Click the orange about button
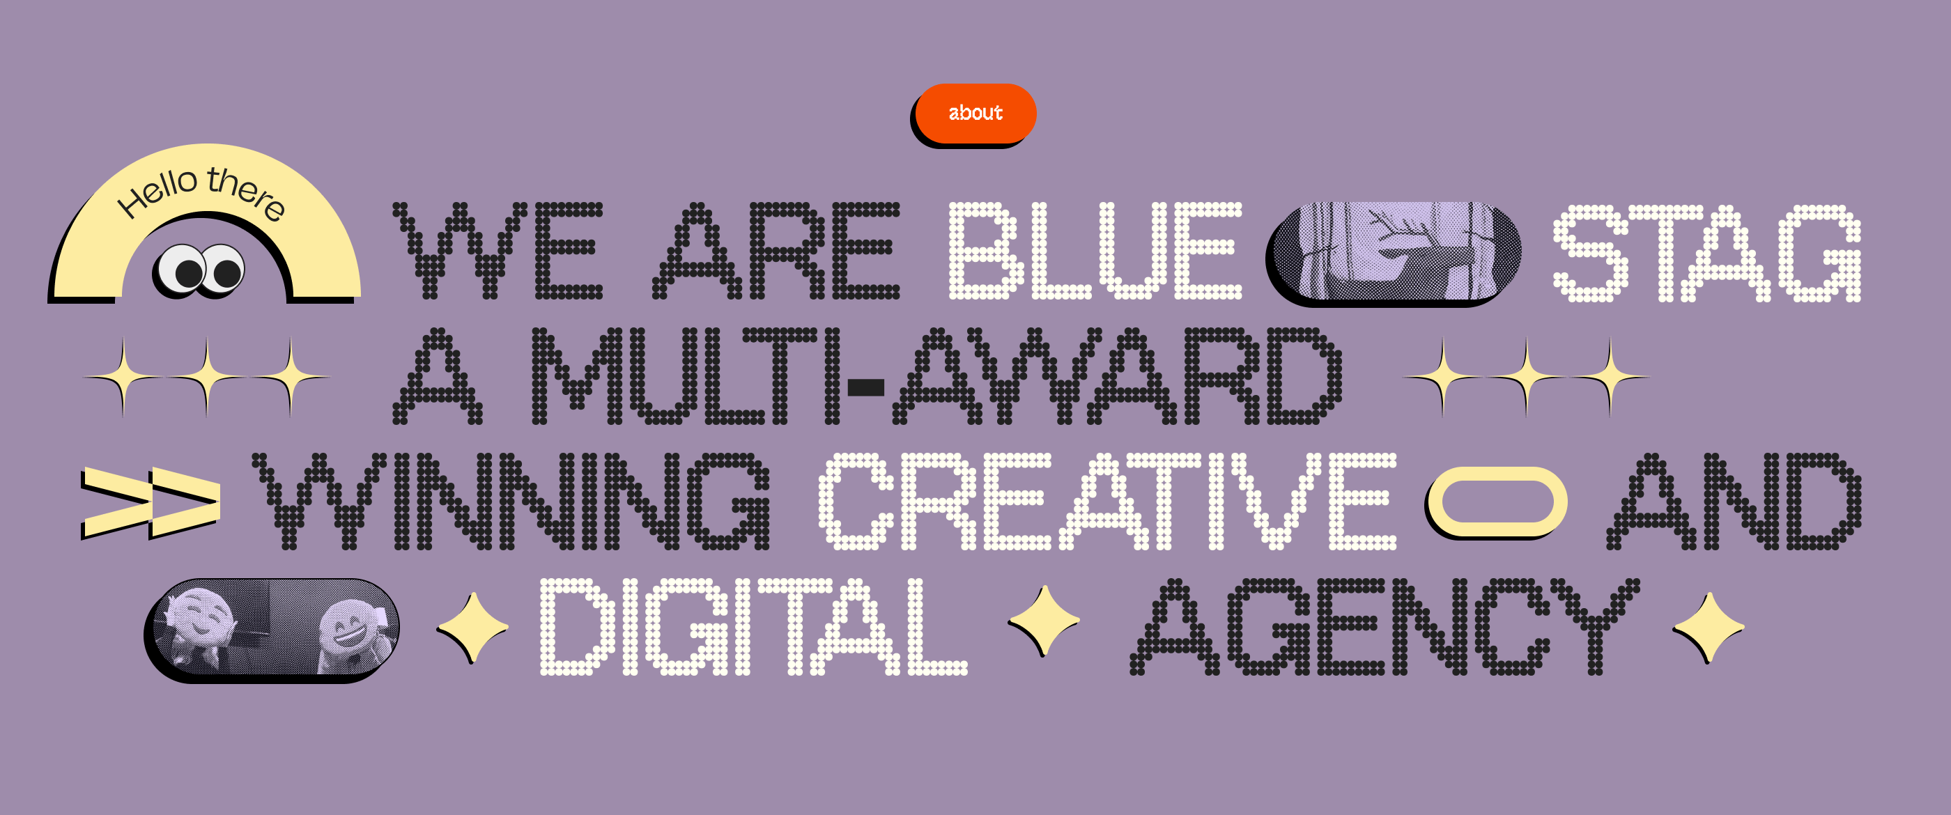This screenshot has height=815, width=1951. click(975, 114)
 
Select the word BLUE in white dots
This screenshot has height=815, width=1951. click(1095, 251)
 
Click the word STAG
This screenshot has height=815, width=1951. click(1706, 253)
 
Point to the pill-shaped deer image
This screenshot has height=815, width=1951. click(1394, 253)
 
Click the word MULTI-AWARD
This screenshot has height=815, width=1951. click(937, 375)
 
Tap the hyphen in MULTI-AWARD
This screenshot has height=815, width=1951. click(865, 388)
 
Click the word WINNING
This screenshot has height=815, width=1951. click(511, 502)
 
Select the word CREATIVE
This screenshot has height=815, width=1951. click(1107, 502)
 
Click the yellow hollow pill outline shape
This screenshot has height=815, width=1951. click(1497, 502)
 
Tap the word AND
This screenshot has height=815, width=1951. click(1734, 502)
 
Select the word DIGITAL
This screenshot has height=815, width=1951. click(754, 626)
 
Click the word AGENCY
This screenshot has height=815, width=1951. click(1385, 626)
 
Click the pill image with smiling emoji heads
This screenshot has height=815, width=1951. click(272, 630)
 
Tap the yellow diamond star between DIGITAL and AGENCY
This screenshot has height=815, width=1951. click(1044, 621)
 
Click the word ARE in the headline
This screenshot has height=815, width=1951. click(776, 251)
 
